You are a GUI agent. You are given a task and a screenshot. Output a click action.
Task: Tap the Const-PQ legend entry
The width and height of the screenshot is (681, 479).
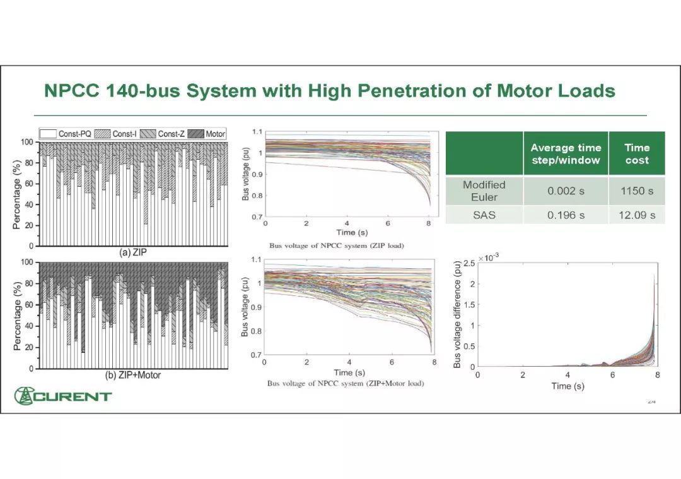[x=66, y=134]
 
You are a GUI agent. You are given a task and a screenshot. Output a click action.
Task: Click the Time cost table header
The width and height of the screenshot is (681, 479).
[x=637, y=153]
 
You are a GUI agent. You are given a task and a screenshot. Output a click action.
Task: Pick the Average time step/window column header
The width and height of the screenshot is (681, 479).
[x=566, y=153]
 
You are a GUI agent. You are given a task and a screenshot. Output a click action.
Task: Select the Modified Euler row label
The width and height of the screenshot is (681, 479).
[x=484, y=191]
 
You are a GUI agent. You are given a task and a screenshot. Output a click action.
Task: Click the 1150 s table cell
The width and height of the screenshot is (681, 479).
[x=637, y=191]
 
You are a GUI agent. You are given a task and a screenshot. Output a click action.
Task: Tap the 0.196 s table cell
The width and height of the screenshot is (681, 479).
[x=566, y=215]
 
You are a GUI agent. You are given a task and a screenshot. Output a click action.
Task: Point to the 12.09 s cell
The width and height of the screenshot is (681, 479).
[x=637, y=215]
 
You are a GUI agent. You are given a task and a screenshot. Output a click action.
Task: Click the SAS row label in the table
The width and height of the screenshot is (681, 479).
[x=484, y=215]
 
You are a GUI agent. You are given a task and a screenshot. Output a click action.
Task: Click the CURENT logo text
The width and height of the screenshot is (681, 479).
[x=73, y=396]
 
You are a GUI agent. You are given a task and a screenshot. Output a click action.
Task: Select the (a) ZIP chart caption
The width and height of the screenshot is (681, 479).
[x=134, y=252]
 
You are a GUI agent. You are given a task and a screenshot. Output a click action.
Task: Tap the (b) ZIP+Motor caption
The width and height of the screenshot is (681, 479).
[x=132, y=375]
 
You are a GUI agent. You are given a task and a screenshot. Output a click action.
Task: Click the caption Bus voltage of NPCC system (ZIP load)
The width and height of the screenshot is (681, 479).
[x=337, y=245]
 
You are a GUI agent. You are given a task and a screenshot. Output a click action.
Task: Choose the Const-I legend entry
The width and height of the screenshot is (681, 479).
[x=117, y=134]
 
